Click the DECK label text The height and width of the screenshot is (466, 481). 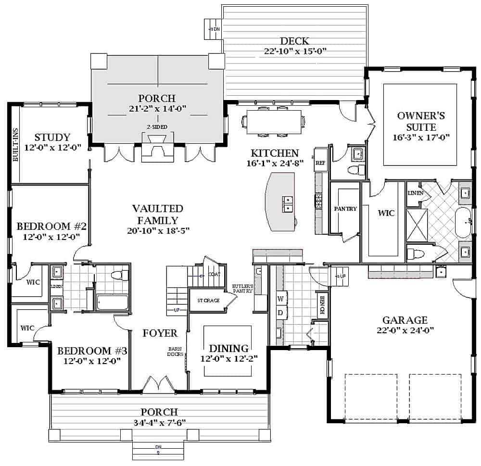tap(295, 41)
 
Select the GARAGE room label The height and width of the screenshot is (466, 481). tap(405, 320)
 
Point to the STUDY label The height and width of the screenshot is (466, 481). tap(52, 138)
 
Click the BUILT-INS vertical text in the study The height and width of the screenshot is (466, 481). tap(15, 145)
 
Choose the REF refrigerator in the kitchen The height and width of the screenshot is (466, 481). tap(320, 163)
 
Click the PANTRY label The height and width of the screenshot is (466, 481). tap(345, 208)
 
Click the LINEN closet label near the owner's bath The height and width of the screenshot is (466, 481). tap(415, 192)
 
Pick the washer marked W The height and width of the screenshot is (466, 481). tap(280, 299)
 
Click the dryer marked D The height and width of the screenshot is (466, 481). tap(280, 313)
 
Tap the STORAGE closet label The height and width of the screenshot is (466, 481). tap(208, 301)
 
